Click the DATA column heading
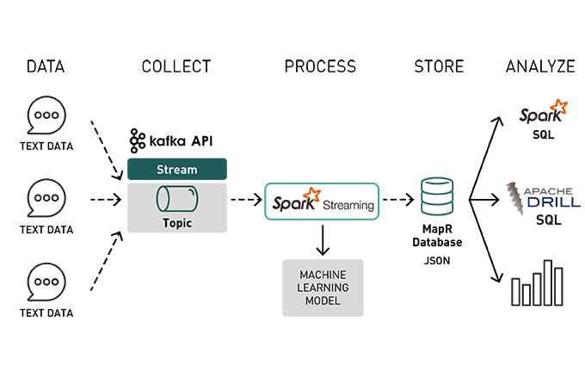pyautogui.click(x=46, y=66)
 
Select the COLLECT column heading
pyautogui.click(x=176, y=66)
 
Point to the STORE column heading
pyautogui.click(x=439, y=66)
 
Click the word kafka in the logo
pyautogui.click(x=168, y=140)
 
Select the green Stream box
pyautogui.click(x=176, y=169)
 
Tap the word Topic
pyautogui.click(x=176, y=223)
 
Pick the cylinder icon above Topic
pyautogui.click(x=176, y=200)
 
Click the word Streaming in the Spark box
pyautogui.click(x=348, y=206)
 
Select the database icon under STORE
pyautogui.click(x=437, y=196)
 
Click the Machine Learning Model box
pyautogui.click(x=323, y=288)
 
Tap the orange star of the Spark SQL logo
pyautogui.click(x=559, y=107)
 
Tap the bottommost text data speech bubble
pyautogui.click(x=46, y=282)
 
